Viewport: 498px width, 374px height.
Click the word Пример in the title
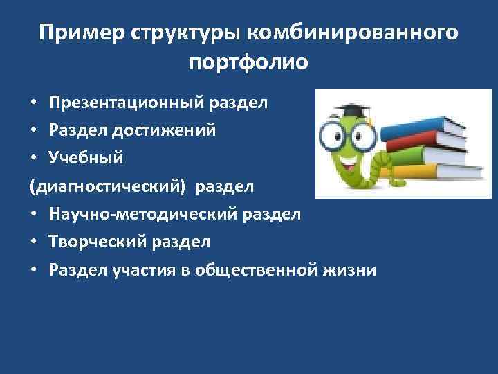pos(71,33)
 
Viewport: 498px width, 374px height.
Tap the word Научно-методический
pos(153,214)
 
